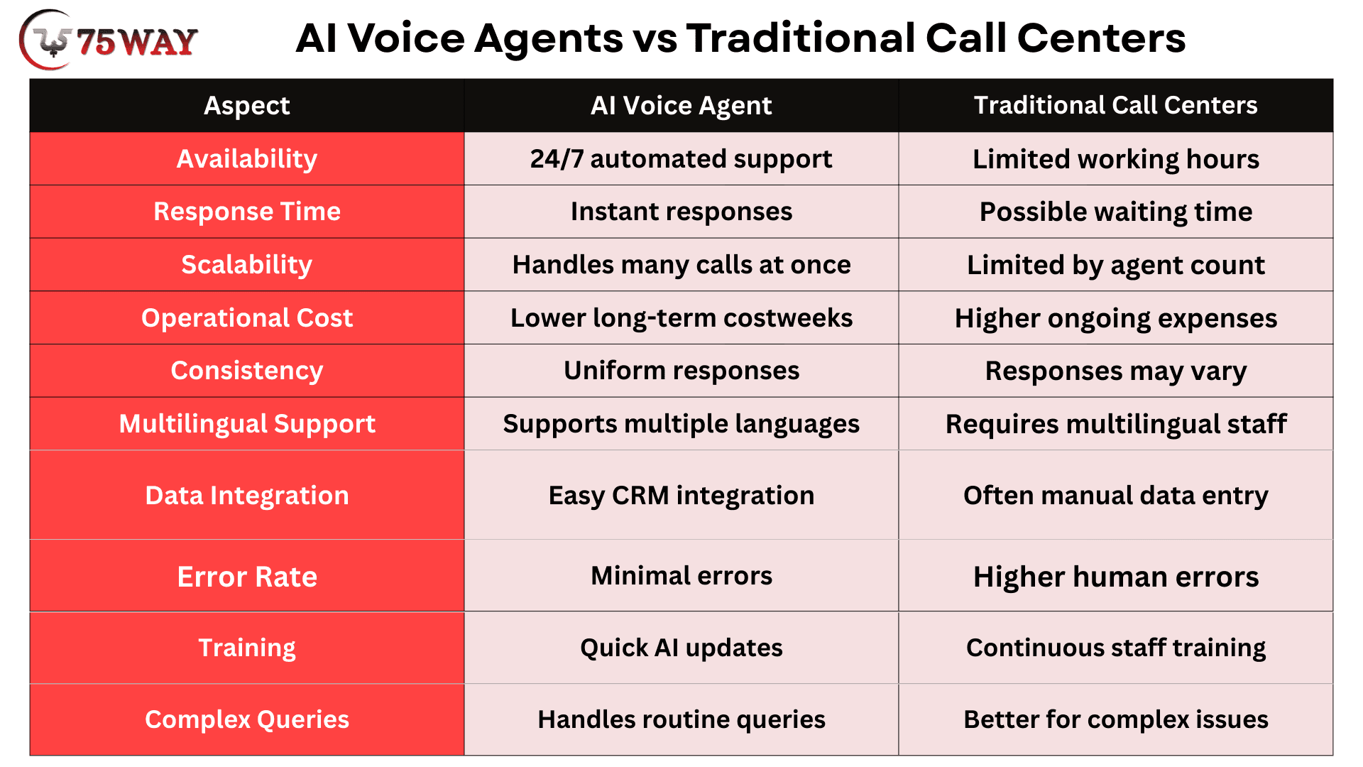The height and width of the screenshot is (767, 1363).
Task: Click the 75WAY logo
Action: (108, 40)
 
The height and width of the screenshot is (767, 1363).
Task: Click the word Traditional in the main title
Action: (800, 38)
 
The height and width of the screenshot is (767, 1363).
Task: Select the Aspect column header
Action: (247, 105)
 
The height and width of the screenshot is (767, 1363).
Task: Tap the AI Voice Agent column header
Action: (681, 105)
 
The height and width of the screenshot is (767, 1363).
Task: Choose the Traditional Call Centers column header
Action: (1116, 105)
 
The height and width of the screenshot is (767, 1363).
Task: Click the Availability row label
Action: (247, 158)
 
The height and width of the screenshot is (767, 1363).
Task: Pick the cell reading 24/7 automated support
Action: (681, 158)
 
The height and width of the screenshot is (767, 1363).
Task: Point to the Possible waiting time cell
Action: (1116, 212)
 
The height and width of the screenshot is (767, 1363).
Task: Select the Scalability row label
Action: (247, 265)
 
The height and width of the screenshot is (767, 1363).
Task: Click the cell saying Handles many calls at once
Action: (681, 265)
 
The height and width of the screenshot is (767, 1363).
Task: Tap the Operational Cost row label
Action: (247, 317)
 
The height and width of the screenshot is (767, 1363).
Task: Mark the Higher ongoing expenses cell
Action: (1116, 318)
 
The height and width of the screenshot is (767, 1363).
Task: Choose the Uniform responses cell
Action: (681, 371)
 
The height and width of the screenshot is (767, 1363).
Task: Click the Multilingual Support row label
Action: (247, 424)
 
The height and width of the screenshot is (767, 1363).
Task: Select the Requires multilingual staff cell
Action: (1116, 424)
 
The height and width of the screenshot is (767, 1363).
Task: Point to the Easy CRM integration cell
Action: (681, 495)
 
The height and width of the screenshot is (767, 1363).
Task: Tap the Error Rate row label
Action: (247, 577)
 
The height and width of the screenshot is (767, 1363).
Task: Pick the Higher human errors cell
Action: (1116, 577)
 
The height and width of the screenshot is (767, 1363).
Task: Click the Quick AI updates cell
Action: (681, 648)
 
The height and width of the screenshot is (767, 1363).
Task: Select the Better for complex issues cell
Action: (1116, 719)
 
